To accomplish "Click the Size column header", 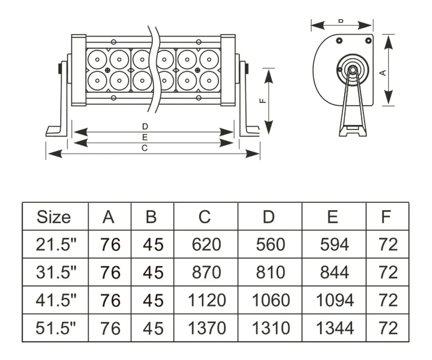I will point(54,217).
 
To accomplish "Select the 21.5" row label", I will point(56,245).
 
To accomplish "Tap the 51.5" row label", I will point(56,328).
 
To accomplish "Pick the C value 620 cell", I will point(206,245).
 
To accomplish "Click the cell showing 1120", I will point(206,300).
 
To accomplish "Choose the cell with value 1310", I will point(270,328).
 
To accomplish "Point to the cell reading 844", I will point(334,272).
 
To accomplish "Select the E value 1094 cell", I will point(334,300).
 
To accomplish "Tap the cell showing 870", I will point(206,272).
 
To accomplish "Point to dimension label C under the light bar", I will point(144,148).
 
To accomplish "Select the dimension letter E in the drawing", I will point(144,137).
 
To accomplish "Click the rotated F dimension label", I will point(263,101).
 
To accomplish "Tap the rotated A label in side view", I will point(383,73).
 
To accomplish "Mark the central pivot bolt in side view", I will point(352,70).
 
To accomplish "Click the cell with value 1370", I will point(206,328).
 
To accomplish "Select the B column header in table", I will point(151,217).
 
